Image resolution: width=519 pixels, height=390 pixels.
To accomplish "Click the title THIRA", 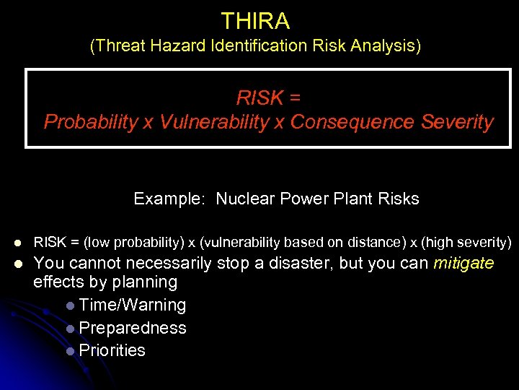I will pyautogui.click(x=255, y=21).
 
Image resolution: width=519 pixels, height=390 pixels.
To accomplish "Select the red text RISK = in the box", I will pyautogui.click(x=269, y=97).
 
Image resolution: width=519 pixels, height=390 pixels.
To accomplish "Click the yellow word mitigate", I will pyautogui.click(x=463, y=263).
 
